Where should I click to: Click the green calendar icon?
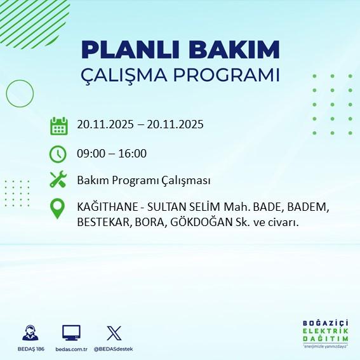(x=58, y=125)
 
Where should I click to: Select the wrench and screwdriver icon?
(x=58, y=180)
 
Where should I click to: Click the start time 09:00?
(x=90, y=153)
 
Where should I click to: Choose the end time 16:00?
(x=133, y=153)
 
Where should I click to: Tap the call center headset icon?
(x=29, y=333)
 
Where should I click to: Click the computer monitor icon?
(x=71, y=333)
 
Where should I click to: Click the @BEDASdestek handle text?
(x=114, y=349)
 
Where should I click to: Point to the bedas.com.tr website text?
(x=71, y=349)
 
